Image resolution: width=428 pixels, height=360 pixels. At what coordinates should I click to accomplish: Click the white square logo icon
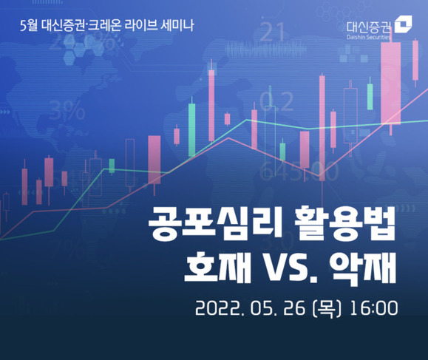click(405, 26)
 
